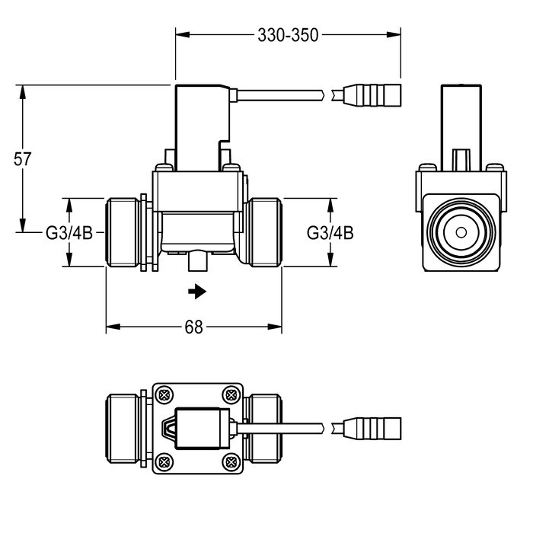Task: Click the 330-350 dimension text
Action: coord(288,34)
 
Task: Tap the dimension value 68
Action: coord(193,327)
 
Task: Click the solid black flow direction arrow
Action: coord(198,290)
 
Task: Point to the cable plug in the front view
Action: coord(371,97)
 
